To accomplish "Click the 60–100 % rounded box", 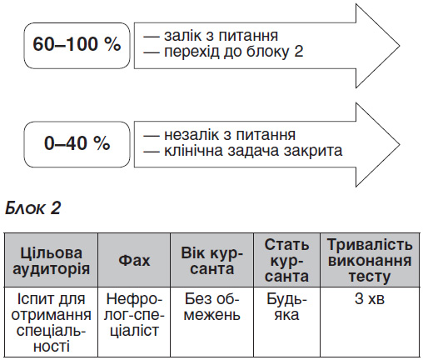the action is click(x=77, y=46).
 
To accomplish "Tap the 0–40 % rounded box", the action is click(x=77, y=144).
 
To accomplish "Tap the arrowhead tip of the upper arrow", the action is click(x=400, y=46).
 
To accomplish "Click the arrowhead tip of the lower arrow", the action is click(x=400, y=144).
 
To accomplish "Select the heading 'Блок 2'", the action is click(x=32, y=207).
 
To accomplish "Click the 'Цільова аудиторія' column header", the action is click(x=51, y=260).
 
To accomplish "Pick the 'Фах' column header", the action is click(x=134, y=260).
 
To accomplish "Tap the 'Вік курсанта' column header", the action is click(x=211, y=260).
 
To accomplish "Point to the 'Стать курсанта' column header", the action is click(x=286, y=260).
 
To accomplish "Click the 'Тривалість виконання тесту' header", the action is click(x=370, y=260).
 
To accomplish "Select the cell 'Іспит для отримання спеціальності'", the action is click(x=51, y=322).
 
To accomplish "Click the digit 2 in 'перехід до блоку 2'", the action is click(x=298, y=52).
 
